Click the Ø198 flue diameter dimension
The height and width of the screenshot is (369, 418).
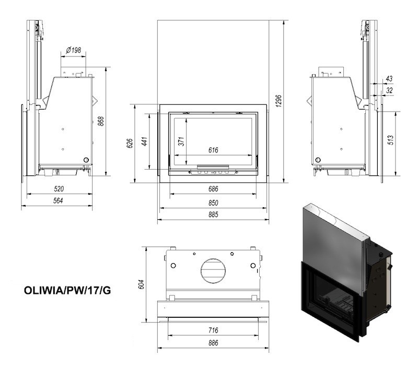73,50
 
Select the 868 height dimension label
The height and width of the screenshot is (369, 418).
101,121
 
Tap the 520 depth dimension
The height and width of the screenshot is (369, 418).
59,189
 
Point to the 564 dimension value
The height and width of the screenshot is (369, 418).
58,200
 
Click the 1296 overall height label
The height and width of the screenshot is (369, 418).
278,101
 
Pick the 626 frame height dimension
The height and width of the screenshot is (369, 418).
130,143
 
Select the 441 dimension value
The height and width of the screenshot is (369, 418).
144,141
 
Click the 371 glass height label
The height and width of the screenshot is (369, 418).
181,141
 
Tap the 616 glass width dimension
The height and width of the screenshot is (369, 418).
213,150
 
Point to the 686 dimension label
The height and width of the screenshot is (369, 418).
213,189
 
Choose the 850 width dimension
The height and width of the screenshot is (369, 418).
213,203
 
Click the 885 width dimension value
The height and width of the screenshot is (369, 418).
213,215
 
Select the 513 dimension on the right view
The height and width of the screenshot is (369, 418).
390,140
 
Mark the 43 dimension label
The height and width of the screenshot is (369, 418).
389,78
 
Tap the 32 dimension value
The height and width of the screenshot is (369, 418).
389,90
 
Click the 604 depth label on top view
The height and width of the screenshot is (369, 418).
142,284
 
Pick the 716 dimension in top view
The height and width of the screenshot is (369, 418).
213,330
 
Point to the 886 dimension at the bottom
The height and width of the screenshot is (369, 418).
213,343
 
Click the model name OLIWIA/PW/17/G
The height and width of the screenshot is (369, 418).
67,291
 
